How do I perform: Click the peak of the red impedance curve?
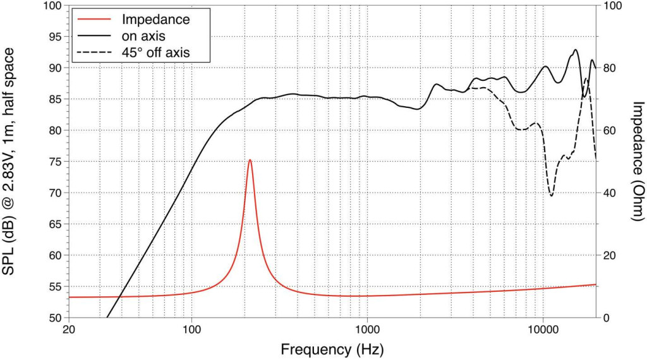tap(250, 160)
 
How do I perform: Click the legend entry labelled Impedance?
tap(155, 20)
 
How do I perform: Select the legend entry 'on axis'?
tap(143, 37)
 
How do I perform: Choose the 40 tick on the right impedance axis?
tap(610, 193)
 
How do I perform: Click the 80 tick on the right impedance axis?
tap(610, 68)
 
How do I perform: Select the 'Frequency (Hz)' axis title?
tap(332, 349)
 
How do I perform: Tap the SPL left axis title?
tap(11, 161)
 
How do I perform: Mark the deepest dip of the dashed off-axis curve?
tap(552, 196)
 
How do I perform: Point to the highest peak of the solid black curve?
tap(576, 50)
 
